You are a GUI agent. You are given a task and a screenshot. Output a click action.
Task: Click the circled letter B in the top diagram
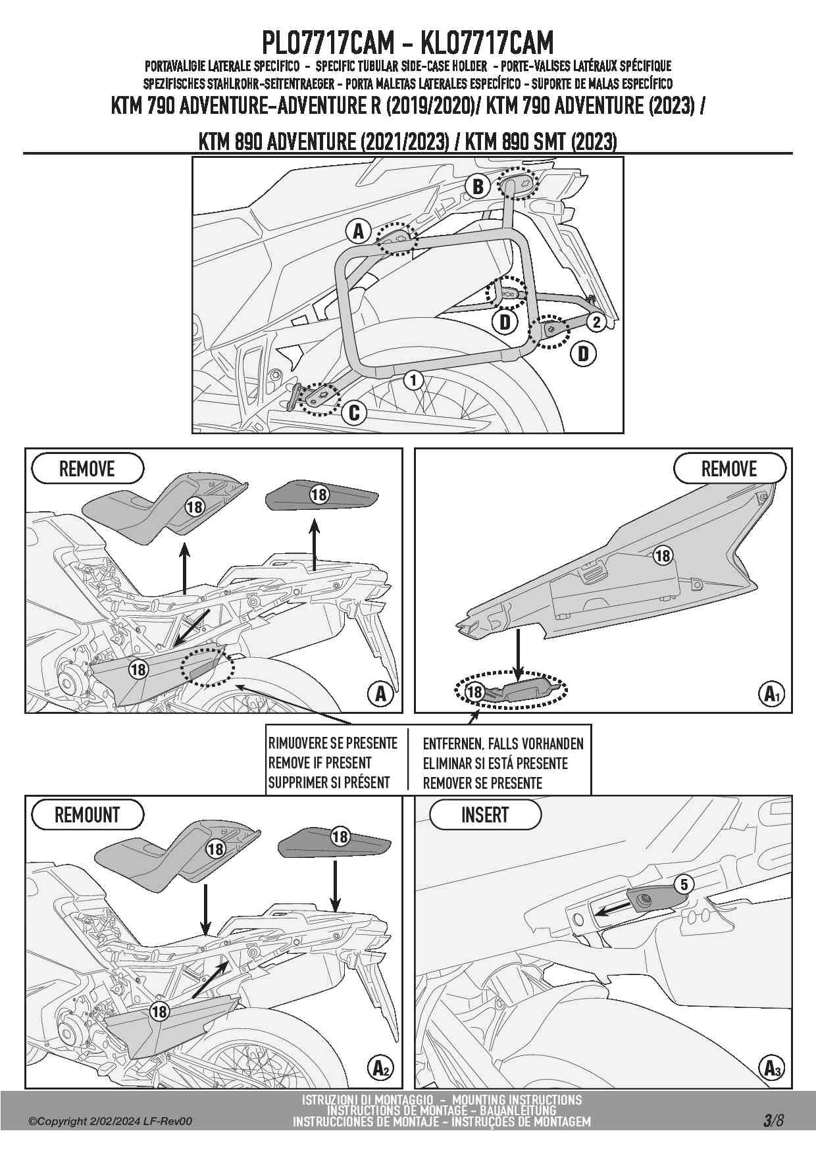click(x=478, y=186)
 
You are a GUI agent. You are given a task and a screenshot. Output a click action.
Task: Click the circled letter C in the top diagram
click(x=353, y=413)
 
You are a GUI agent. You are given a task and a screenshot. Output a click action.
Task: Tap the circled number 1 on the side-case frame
click(x=413, y=380)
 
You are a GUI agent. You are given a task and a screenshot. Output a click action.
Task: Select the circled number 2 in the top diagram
click(x=596, y=322)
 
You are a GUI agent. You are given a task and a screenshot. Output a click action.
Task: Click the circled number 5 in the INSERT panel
click(x=684, y=885)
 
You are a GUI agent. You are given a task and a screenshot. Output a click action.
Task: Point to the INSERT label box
click(x=485, y=815)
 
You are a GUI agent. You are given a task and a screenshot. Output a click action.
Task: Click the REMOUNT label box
click(x=87, y=815)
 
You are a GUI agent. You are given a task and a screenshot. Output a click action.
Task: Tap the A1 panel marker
click(x=771, y=693)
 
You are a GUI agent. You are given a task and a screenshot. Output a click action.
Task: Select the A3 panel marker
click(x=771, y=1068)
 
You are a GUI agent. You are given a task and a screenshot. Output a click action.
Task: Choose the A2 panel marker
click(x=381, y=1068)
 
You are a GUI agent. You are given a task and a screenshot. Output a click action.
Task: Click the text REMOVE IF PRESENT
click(x=320, y=763)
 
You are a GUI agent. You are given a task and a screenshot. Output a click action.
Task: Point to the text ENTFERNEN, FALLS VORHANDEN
click(x=503, y=744)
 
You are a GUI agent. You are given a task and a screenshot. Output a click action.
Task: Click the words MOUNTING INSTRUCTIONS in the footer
click(x=517, y=1099)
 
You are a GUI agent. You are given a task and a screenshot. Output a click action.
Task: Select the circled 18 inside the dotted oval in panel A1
click(x=474, y=691)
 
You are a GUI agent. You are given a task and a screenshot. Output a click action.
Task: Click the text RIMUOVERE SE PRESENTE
click(x=332, y=743)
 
